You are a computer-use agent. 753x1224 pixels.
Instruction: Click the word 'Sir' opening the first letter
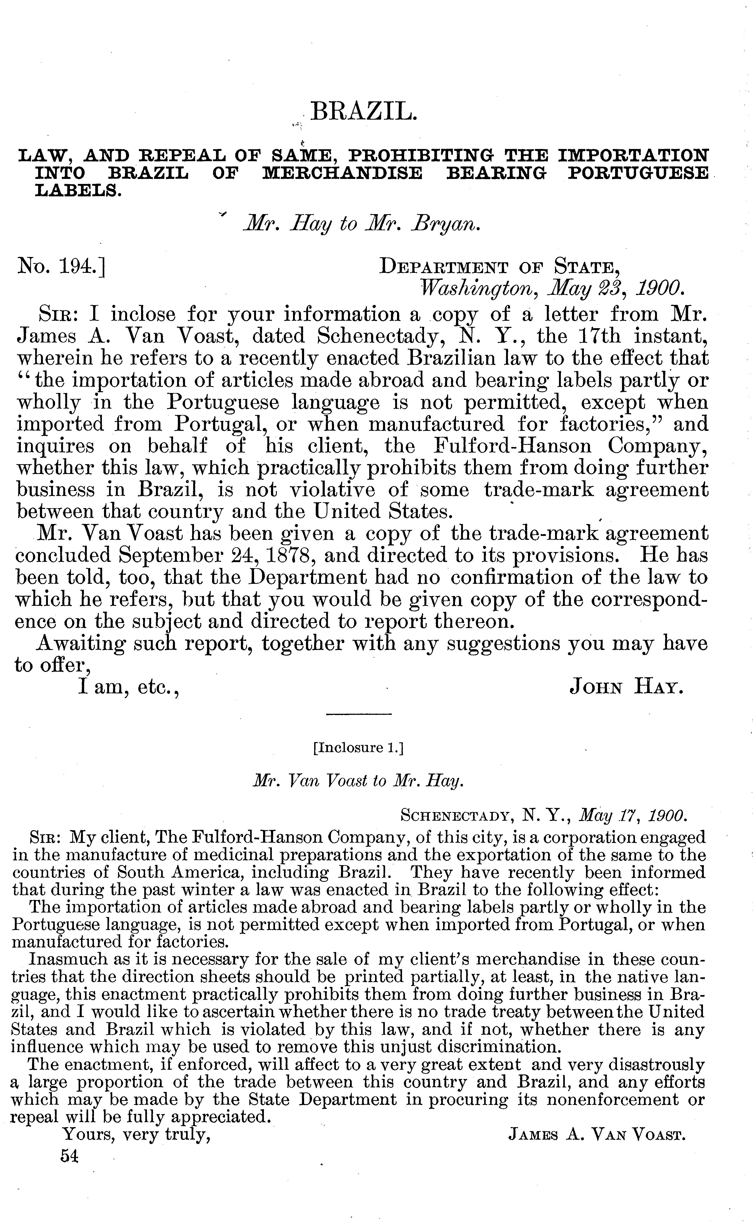(x=57, y=315)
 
